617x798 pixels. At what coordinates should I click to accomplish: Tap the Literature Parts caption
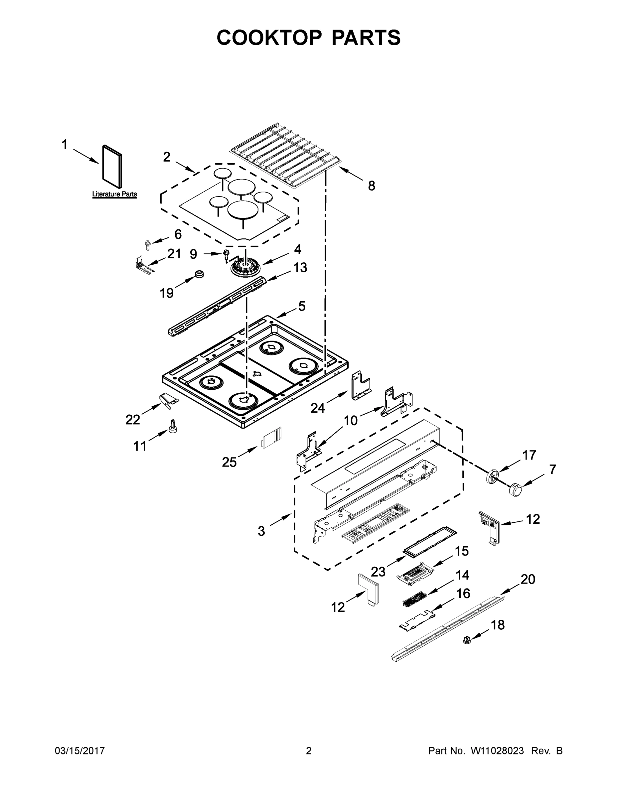(114, 194)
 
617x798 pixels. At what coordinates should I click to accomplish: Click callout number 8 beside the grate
(372, 186)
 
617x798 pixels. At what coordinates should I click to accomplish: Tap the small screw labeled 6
(148, 245)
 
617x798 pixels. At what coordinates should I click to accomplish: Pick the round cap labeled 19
(199, 274)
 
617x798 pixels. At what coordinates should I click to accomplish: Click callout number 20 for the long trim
(528, 579)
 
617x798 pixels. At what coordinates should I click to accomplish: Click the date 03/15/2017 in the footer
(80, 751)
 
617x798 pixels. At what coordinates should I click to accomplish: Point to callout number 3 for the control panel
(261, 531)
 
